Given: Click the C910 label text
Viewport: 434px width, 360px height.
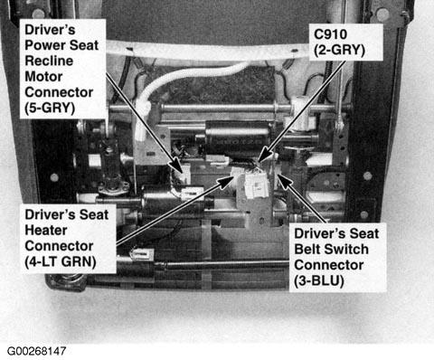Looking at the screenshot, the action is pos(330,34).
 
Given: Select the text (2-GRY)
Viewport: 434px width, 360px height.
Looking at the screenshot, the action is pos(339,50).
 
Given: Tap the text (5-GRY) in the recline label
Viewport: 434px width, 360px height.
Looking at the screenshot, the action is pos(50,108).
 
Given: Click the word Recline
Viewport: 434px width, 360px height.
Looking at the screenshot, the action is pos(49,61).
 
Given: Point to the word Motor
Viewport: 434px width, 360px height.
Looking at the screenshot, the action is pos(43,76).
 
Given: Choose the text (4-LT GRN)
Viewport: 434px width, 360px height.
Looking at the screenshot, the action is pos(61,261).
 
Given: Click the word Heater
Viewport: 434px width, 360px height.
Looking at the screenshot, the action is pos(46,230).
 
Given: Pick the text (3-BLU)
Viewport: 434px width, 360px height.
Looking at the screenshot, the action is pos(319,281).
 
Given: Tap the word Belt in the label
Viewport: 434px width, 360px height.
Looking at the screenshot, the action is pos(307,249).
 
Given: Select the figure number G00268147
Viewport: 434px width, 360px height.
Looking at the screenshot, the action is pos(36,351).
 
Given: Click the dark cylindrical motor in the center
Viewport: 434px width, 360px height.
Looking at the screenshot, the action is pos(238,137).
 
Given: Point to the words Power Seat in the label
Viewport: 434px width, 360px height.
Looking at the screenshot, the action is pos(61,45).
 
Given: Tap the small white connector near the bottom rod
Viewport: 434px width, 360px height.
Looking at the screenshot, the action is pos(143,254).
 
